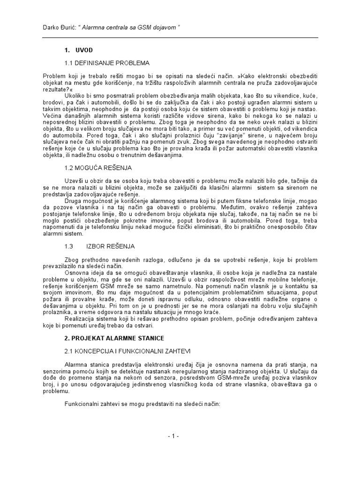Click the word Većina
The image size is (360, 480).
click(52, 115)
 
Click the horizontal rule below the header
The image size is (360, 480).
click(180, 37)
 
